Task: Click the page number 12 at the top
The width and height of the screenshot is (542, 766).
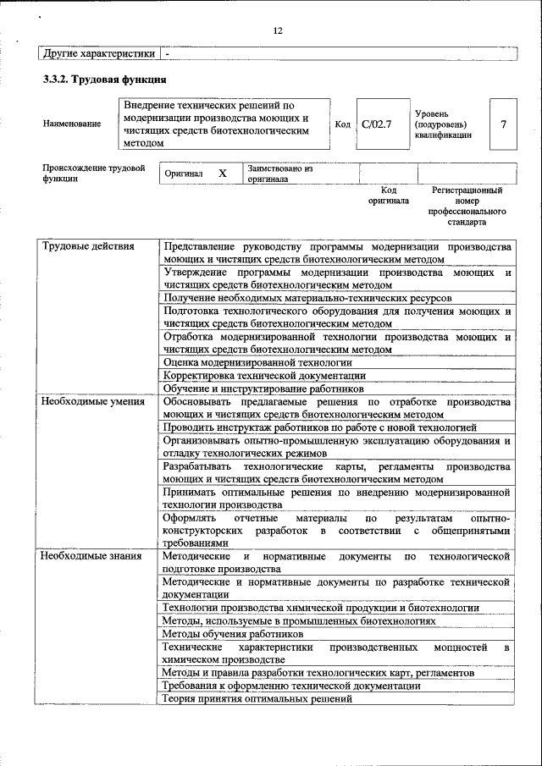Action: pyautogui.click(x=277, y=31)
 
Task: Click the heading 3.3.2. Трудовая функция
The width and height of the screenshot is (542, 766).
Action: pyautogui.click(x=103, y=80)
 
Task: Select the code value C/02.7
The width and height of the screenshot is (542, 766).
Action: pyautogui.click(x=376, y=124)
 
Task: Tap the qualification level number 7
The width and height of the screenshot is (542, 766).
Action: pyautogui.click(x=503, y=124)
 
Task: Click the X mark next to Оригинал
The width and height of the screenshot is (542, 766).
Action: pyautogui.click(x=223, y=173)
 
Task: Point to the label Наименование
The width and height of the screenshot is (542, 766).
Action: pyautogui.click(x=72, y=124)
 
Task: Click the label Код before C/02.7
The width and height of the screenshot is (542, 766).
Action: pyautogui.click(x=342, y=124)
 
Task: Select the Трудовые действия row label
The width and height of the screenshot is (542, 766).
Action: pyautogui.click(x=88, y=246)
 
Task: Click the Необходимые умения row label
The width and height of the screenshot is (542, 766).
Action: pyautogui.click(x=93, y=401)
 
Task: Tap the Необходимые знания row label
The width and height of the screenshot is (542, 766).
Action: pyautogui.click(x=92, y=556)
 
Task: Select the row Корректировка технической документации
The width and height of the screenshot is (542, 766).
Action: pyautogui.click(x=264, y=375)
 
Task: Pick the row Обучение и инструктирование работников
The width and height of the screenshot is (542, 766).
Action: pyautogui.click(x=268, y=389)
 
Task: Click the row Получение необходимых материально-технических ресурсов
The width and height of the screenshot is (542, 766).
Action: pyautogui.click(x=307, y=299)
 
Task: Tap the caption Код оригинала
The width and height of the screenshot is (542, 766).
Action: pyautogui.click(x=388, y=196)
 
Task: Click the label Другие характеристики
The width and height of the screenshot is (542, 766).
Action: pyautogui.click(x=98, y=53)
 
